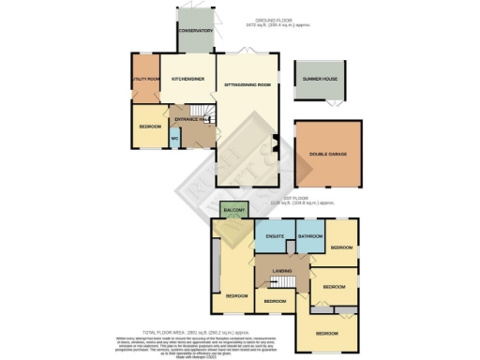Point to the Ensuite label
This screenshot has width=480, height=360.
[x=275, y=236]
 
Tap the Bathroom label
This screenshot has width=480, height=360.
[x=309, y=236]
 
